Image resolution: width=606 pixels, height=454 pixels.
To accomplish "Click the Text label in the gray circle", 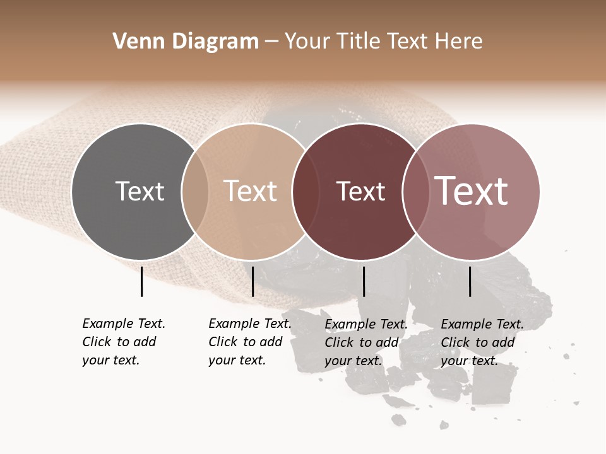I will [x=140, y=191].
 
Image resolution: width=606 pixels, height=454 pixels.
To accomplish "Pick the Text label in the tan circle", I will [x=251, y=191].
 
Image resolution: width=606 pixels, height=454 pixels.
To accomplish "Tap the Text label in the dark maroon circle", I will [x=360, y=191].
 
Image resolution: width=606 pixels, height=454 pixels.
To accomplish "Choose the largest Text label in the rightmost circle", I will [x=472, y=191].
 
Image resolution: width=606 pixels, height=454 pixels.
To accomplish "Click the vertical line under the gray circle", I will [x=141, y=281].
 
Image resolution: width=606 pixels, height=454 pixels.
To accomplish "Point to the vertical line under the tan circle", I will [x=252, y=281].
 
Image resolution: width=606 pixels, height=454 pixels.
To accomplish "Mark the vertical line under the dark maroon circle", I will [x=364, y=281].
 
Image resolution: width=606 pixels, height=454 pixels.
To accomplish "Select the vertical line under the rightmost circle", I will [x=470, y=281].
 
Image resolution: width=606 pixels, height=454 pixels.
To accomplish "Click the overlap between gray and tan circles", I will [x=195, y=192].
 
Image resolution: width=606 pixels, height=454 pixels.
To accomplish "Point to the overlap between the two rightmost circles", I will [x=415, y=192].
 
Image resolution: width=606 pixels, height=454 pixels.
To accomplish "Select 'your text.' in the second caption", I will [x=237, y=360].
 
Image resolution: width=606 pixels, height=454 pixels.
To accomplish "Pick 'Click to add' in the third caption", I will [x=362, y=342].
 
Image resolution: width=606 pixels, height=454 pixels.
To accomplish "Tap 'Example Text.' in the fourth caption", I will [x=482, y=324].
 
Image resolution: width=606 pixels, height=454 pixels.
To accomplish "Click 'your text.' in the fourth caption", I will [x=469, y=361].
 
